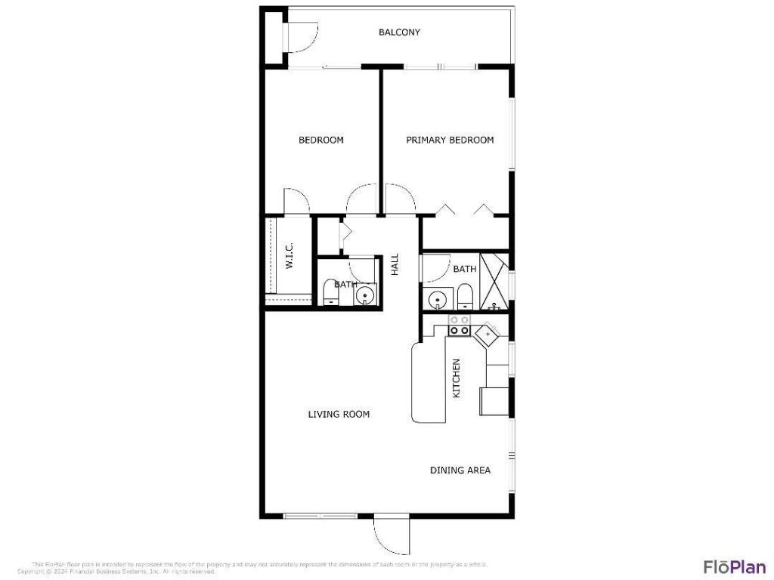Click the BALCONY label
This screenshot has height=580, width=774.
coord(399,32)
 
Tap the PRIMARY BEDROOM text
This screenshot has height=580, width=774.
coord(450,140)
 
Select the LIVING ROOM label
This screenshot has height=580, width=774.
coord(339,414)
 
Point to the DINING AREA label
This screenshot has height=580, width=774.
coord(460,470)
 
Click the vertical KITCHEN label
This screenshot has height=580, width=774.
coord(456,378)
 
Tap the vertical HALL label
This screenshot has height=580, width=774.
coord(394,264)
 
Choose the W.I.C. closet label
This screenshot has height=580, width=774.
coord(289,257)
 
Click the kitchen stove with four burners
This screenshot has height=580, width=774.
coord(460,325)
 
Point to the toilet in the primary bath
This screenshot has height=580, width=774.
coord(465,297)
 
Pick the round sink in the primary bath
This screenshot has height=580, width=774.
coord(438,300)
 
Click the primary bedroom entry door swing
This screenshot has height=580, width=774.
coord(400,199)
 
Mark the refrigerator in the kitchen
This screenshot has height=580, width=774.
coord(495,400)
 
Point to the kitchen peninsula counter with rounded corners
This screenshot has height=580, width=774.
coord(429,384)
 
